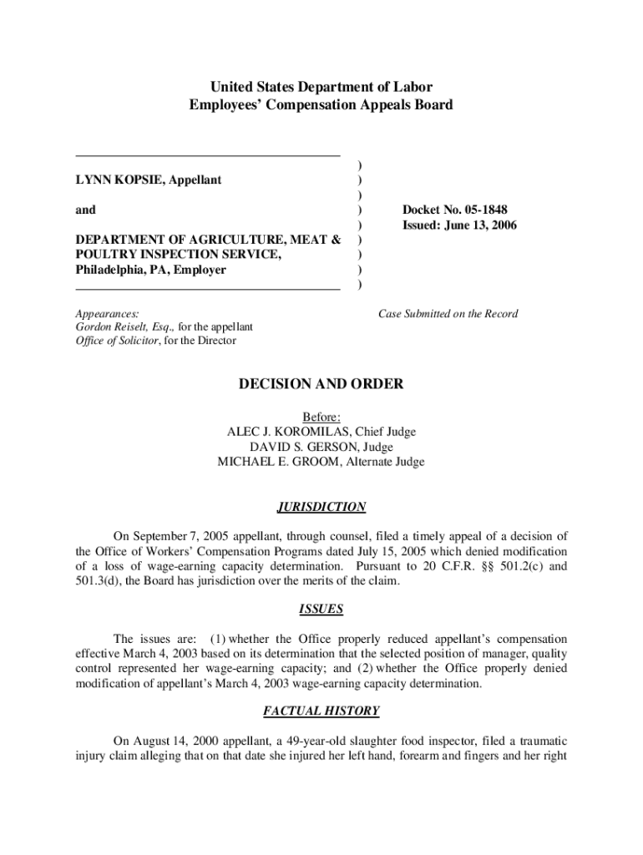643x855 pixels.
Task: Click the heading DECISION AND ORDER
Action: pyautogui.click(x=321, y=385)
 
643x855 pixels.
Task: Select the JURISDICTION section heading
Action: pyautogui.click(x=321, y=507)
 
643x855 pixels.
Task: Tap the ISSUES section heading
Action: pyautogui.click(x=321, y=609)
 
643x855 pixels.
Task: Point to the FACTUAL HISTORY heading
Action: pyautogui.click(x=321, y=711)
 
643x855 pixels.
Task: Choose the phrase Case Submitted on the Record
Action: pyautogui.click(x=448, y=314)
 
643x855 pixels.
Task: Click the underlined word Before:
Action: pyautogui.click(x=321, y=417)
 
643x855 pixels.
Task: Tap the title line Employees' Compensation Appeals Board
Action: pyautogui.click(x=321, y=105)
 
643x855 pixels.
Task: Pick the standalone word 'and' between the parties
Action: pyautogui.click(x=85, y=210)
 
